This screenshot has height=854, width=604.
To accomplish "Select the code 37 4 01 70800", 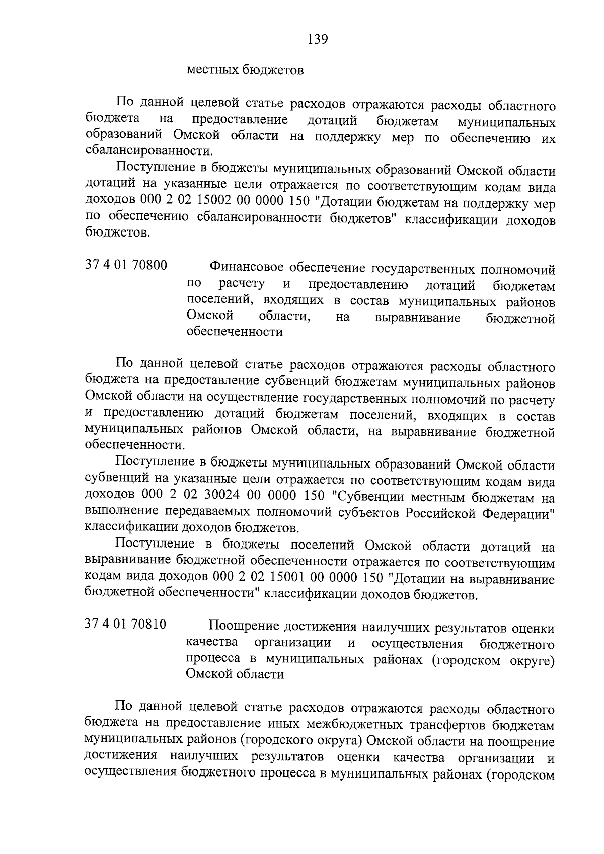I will (126, 266).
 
